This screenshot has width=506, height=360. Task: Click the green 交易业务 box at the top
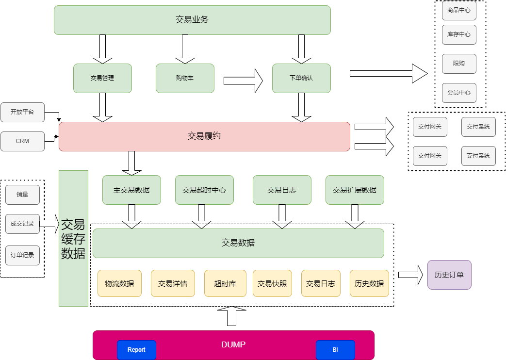coord(192,20)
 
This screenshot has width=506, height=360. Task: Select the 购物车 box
coord(185,78)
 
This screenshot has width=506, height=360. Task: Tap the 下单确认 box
coord(301,78)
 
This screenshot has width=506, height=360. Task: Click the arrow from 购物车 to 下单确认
coord(243,80)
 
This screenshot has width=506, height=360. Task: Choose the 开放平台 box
coord(22,112)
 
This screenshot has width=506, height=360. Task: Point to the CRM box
coord(22,141)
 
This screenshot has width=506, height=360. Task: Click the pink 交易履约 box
coord(204,136)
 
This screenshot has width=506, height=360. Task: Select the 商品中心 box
coord(459,10)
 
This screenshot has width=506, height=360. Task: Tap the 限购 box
coord(459,64)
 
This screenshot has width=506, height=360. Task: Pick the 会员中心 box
coord(459,93)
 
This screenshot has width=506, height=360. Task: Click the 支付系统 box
coord(478,156)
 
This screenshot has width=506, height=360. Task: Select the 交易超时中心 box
coord(204,190)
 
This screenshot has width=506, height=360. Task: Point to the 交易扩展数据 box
coord(355,190)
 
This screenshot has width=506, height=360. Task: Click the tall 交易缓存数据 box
coord(73,238)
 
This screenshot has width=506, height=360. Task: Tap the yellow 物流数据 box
coord(119,283)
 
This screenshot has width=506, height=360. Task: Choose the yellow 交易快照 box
coord(272,283)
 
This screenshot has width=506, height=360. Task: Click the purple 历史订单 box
coord(449,275)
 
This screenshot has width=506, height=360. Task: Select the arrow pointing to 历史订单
coord(410,275)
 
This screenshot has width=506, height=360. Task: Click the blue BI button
coord(335,350)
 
